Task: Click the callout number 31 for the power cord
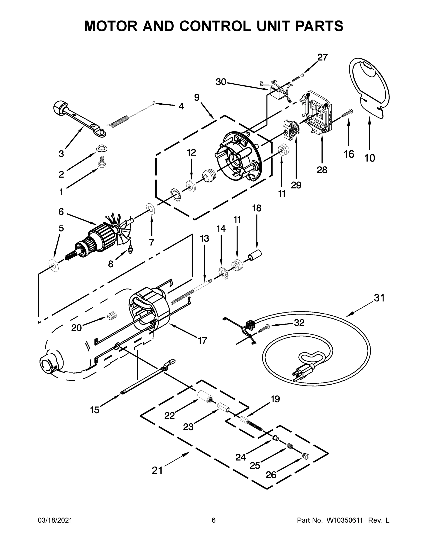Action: tap(379, 298)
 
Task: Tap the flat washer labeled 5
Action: tap(54, 265)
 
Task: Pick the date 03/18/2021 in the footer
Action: tap(55, 520)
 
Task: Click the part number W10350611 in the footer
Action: tap(345, 520)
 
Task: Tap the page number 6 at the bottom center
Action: tap(214, 520)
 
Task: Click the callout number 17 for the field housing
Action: tap(202, 341)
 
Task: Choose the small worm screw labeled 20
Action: tap(111, 316)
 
